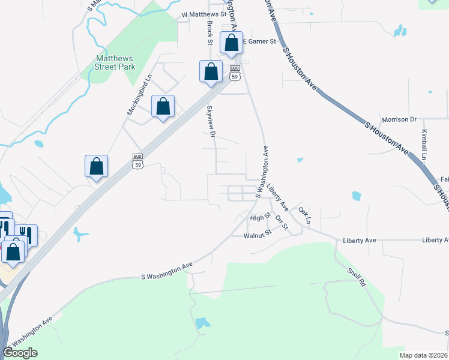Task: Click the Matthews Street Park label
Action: (115, 62)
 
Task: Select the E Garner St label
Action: (259, 42)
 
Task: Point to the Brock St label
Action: (210, 33)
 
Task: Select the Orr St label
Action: (282, 222)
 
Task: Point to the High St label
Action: (261, 218)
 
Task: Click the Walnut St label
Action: (258, 236)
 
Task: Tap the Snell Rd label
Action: (356, 277)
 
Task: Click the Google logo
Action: (20, 353)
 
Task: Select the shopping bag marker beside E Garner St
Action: (231, 43)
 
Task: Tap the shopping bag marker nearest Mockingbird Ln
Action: (163, 106)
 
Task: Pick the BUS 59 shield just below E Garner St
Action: (235, 73)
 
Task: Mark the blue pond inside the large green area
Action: (203, 323)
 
